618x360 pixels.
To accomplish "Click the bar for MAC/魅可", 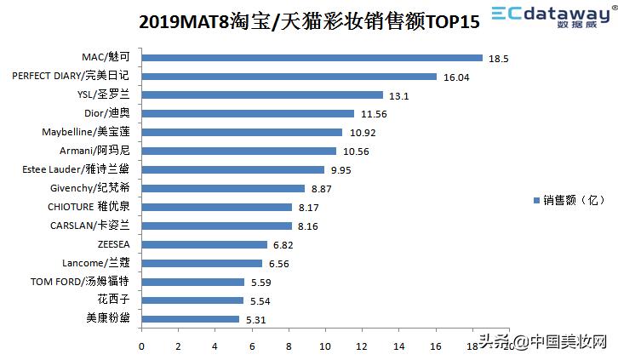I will tap(312, 58).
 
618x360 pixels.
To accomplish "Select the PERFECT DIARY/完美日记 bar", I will tap(289, 77).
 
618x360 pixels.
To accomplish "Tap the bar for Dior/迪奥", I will tap(247, 113).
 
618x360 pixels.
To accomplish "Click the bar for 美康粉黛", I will tap(190, 318).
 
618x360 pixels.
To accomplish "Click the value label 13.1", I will tap(399, 95).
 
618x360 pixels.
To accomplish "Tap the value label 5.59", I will tap(261, 282).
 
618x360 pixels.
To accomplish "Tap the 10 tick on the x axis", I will tap(326, 346).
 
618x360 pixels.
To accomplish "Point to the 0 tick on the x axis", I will tap(141, 346).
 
